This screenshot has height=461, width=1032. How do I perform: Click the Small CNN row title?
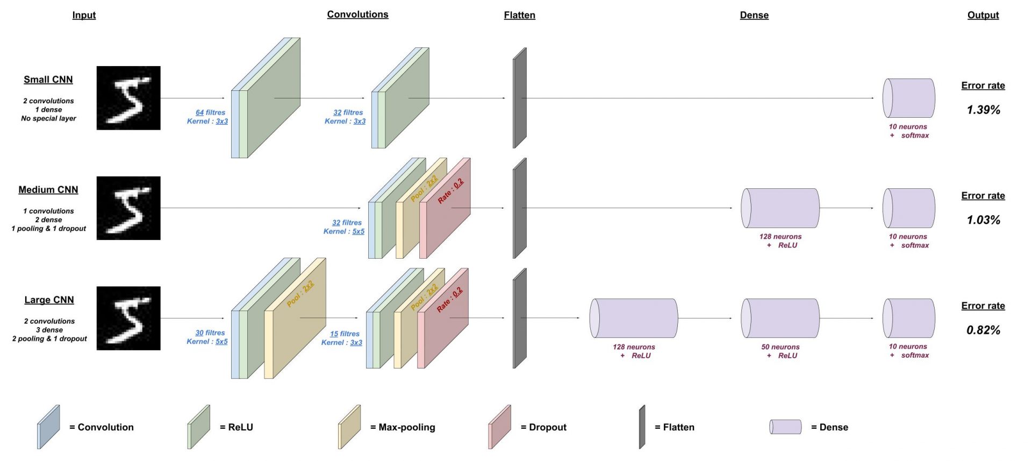click(48, 80)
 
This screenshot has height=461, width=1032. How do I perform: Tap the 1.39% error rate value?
click(983, 110)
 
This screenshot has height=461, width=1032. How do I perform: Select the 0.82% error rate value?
click(983, 330)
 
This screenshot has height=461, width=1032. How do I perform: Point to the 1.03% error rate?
click(983, 219)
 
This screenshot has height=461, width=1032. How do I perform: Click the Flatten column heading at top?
click(519, 15)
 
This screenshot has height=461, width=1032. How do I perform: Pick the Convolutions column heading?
click(357, 15)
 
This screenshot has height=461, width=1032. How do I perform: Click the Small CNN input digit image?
click(128, 98)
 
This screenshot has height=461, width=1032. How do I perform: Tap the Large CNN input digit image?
click(128, 318)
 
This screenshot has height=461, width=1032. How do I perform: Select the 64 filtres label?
click(210, 112)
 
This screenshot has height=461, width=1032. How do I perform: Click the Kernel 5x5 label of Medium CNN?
click(343, 231)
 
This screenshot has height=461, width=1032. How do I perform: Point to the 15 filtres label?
click(345, 334)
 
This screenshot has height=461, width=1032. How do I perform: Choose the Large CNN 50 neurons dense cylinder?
click(780, 318)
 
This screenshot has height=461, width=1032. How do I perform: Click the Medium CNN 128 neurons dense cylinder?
click(780, 208)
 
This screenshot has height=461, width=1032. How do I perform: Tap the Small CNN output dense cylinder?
click(908, 98)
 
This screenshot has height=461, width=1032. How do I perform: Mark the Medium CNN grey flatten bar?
click(519, 208)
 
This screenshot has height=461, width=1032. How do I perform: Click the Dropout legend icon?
click(499, 427)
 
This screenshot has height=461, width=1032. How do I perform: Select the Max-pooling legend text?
click(406, 427)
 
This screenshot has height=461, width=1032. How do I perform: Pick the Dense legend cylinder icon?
click(785, 427)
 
